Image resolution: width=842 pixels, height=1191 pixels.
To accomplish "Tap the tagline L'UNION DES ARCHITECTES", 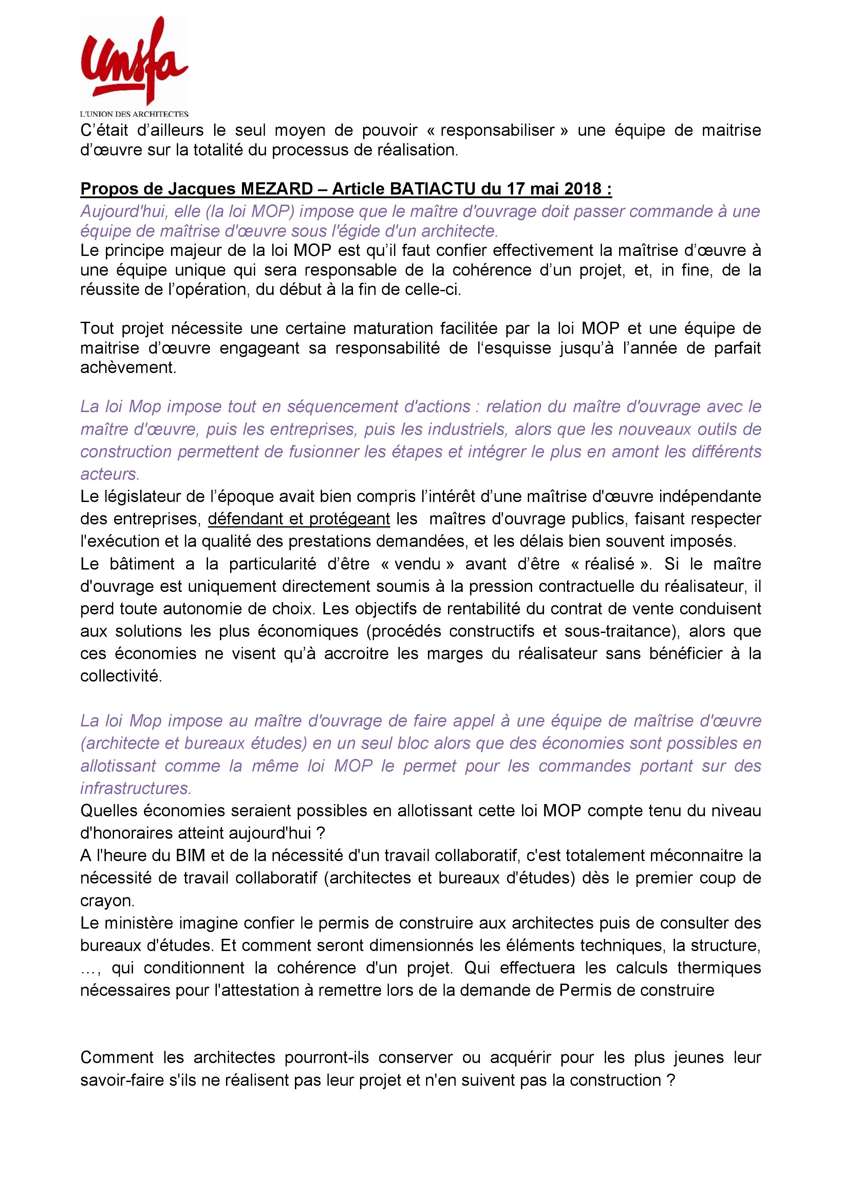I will pos(134,114).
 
